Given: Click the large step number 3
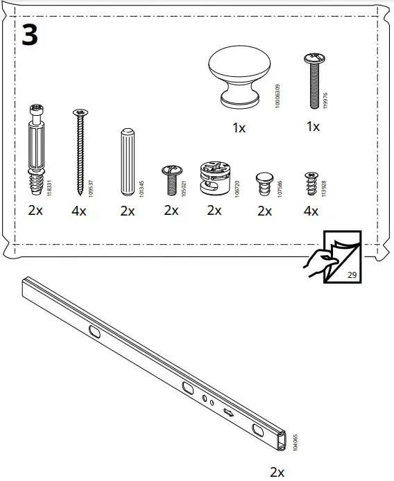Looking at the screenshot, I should click(x=29, y=34).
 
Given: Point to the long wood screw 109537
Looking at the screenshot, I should click(x=80, y=153).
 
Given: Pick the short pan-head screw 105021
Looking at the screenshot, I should click(x=171, y=181).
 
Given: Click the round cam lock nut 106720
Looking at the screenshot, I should click(x=213, y=178).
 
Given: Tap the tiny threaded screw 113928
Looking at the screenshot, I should click(x=311, y=183).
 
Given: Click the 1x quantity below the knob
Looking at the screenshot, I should click(x=239, y=128).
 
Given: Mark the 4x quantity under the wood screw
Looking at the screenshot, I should click(x=79, y=211).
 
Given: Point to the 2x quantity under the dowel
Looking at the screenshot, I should click(x=127, y=211).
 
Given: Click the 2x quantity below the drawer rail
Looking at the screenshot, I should click(x=277, y=472).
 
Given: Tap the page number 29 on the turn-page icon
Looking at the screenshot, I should click(x=352, y=275).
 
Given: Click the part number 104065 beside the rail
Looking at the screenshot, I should click(x=295, y=442).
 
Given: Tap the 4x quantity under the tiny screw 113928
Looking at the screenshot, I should click(x=310, y=211).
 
